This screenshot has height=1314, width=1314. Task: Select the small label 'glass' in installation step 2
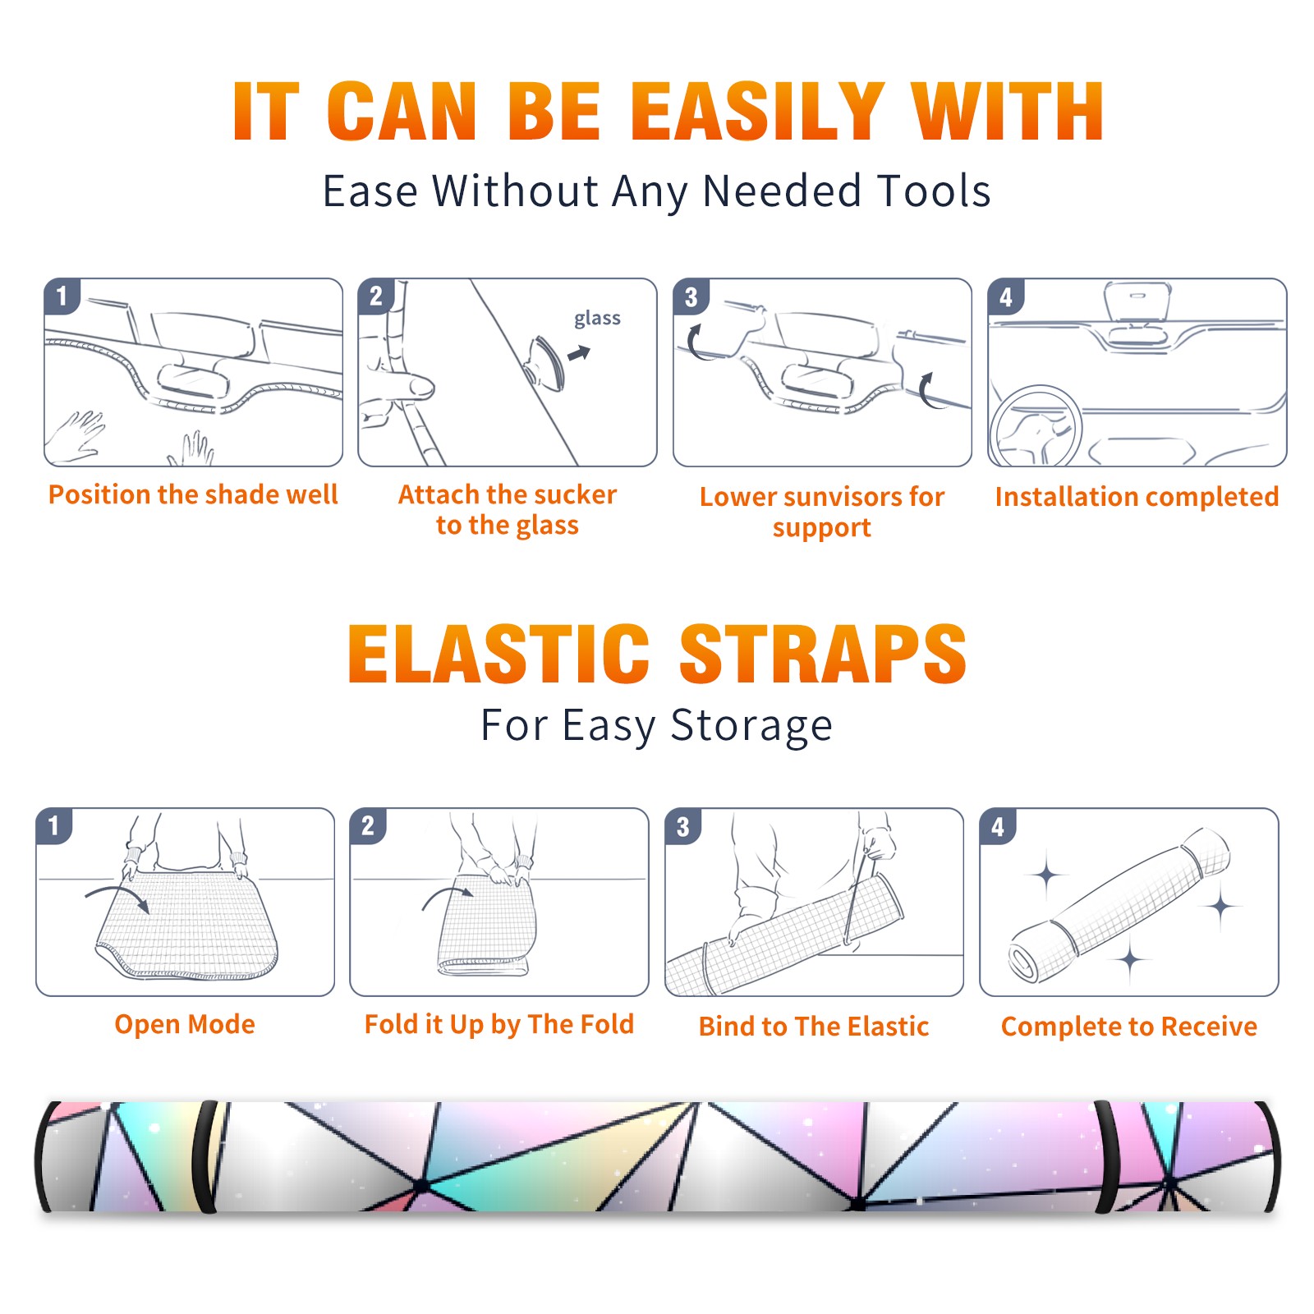tap(597, 319)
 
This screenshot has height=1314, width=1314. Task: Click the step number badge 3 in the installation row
tap(691, 296)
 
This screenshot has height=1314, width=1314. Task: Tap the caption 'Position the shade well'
tap(193, 494)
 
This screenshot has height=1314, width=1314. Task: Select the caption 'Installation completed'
tap(1137, 497)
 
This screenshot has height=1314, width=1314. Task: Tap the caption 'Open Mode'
tap(185, 1024)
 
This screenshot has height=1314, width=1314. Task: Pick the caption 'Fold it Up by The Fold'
tap(499, 1025)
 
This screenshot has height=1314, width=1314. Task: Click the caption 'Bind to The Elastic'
tap(814, 1027)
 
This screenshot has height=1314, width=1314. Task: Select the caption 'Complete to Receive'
tap(1129, 1027)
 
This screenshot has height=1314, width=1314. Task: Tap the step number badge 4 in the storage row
tap(998, 826)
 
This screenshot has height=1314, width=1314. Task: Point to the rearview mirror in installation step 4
tap(1137, 301)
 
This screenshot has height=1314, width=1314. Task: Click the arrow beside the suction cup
tap(579, 353)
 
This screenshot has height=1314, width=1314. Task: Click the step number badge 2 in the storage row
tap(368, 825)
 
